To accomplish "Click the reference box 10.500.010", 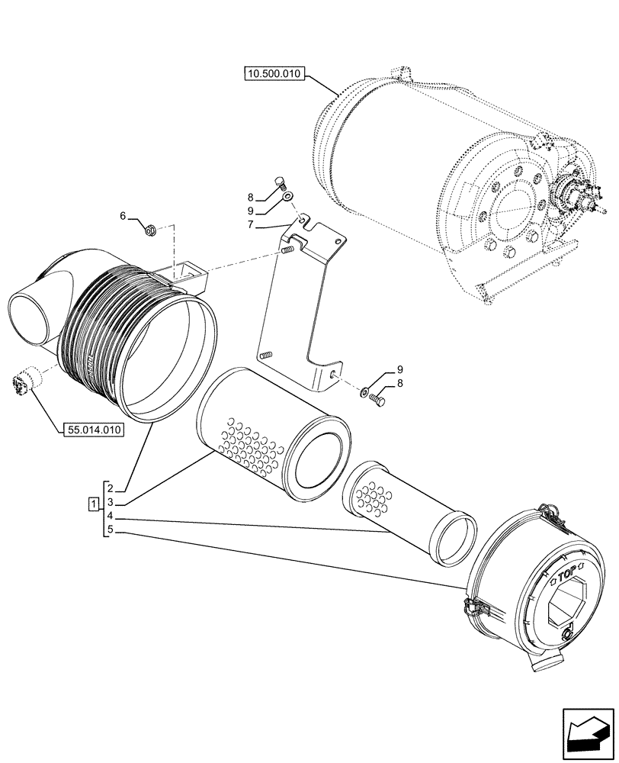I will (x=274, y=74).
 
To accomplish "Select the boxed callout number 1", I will (x=93, y=503).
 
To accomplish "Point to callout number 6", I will (x=123, y=217).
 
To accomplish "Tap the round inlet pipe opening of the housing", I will (x=28, y=319).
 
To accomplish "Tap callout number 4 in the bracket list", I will (x=110, y=517).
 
